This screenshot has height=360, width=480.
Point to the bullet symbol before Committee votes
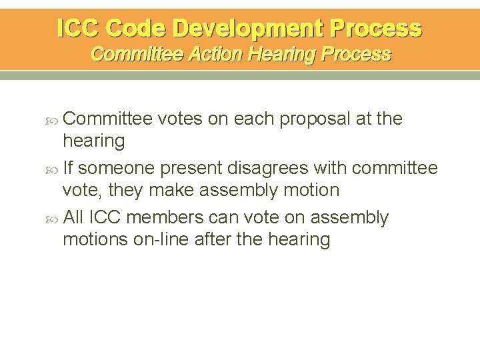(55, 119)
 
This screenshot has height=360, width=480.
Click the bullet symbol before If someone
(55, 169)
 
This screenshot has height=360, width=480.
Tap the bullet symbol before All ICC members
(55, 218)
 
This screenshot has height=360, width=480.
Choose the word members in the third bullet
(165, 217)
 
